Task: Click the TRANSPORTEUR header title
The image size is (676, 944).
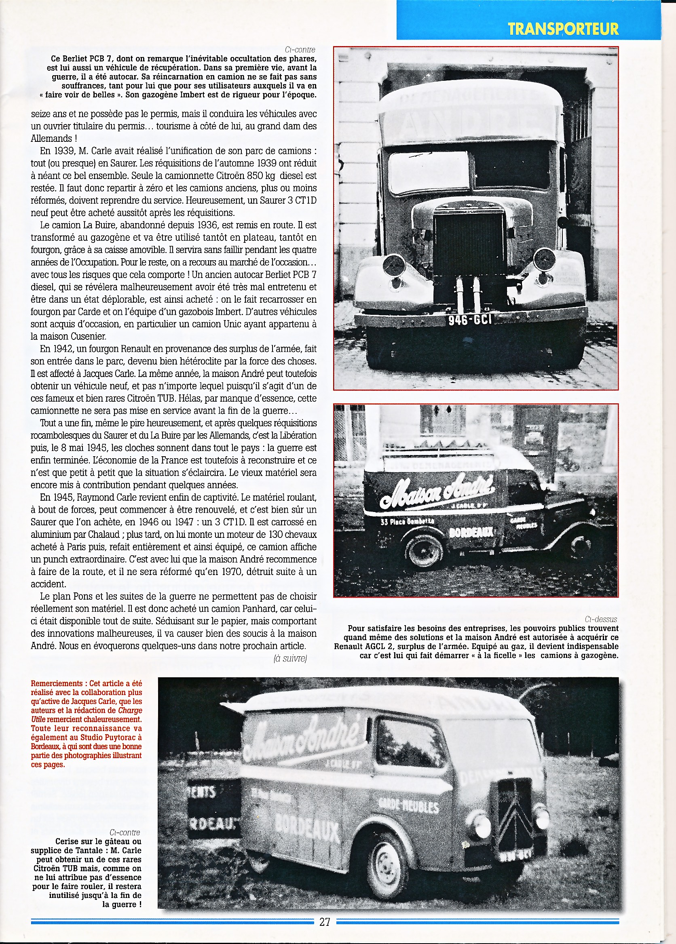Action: (563, 29)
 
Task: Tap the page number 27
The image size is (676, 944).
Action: (325, 921)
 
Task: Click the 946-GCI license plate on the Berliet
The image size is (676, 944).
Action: (470, 320)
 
